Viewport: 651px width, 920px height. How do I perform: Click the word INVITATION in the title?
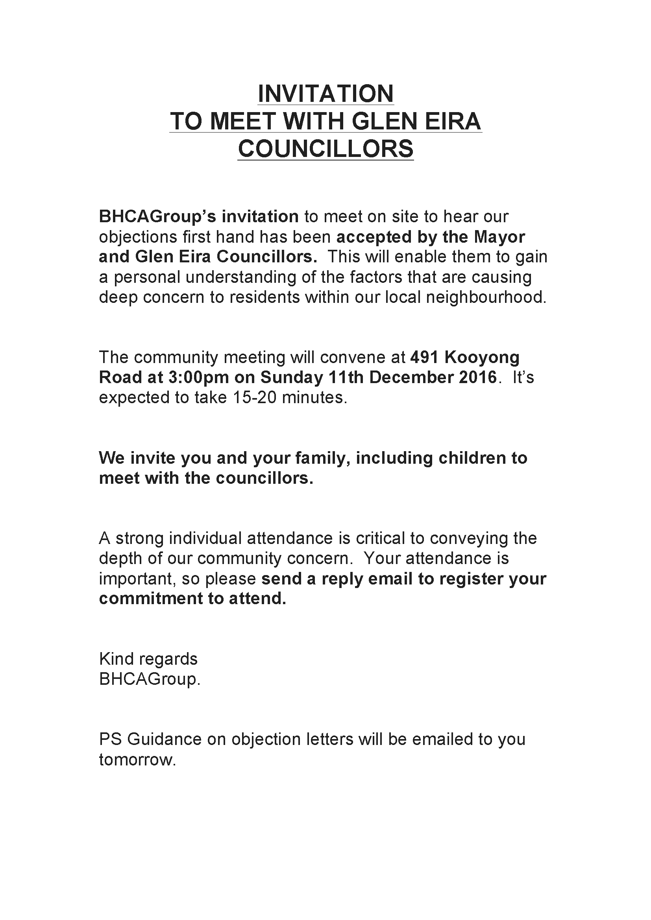(x=325, y=94)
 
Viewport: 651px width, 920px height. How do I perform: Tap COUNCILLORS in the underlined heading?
(x=325, y=149)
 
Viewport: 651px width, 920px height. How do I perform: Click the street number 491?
(x=424, y=358)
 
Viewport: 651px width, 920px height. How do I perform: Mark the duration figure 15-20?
(x=257, y=398)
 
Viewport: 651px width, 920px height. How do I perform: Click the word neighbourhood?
(x=486, y=297)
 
